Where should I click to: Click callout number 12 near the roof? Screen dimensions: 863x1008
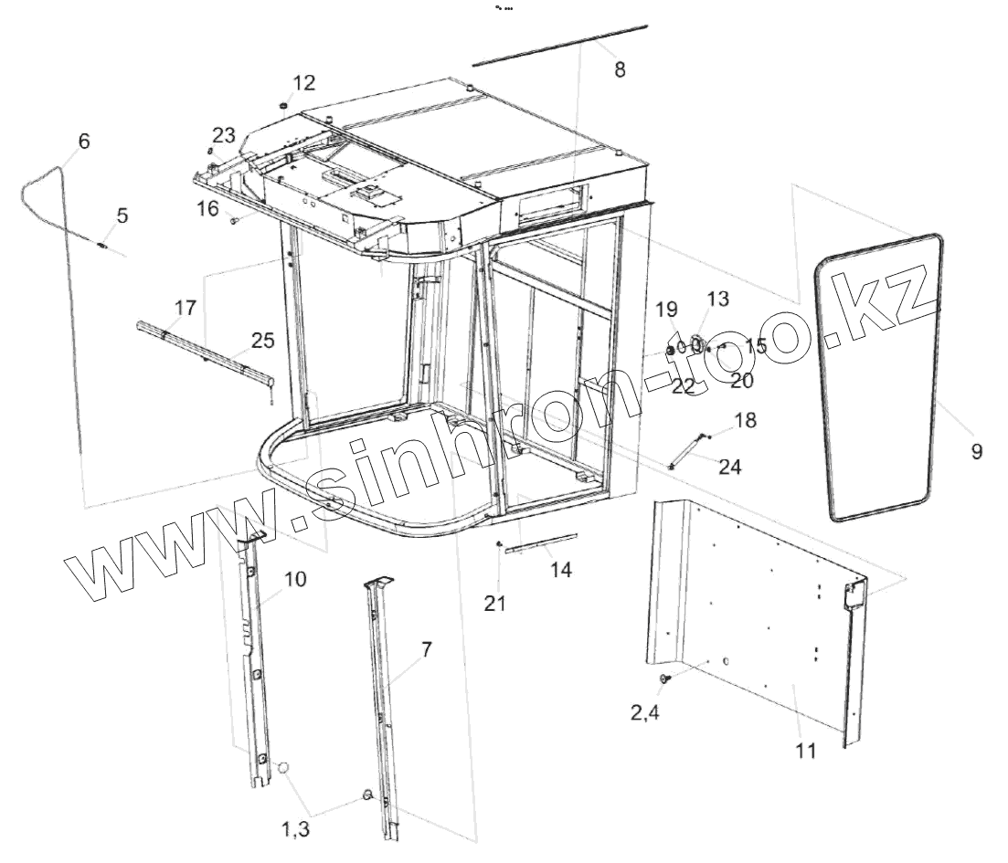pyautogui.click(x=303, y=83)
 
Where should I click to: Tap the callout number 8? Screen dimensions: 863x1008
pyautogui.click(x=620, y=69)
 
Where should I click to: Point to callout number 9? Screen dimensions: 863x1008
pyautogui.click(x=977, y=450)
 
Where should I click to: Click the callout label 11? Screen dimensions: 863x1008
pyautogui.click(x=806, y=752)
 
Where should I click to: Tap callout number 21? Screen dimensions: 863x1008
pyautogui.click(x=494, y=603)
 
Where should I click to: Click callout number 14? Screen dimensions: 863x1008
pyautogui.click(x=561, y=570)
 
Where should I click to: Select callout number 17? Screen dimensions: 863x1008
pyautogui.click(x=186, y=308)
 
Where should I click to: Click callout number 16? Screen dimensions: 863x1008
pyautogui.click(x=207, y=208)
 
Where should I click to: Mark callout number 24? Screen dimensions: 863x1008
pyautogui.click(x=730, y=467)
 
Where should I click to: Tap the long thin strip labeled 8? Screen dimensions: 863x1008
pyautogui.click(x=559, y=45)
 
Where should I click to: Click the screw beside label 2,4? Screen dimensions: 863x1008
pyautogui.click(x=664, y=679)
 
